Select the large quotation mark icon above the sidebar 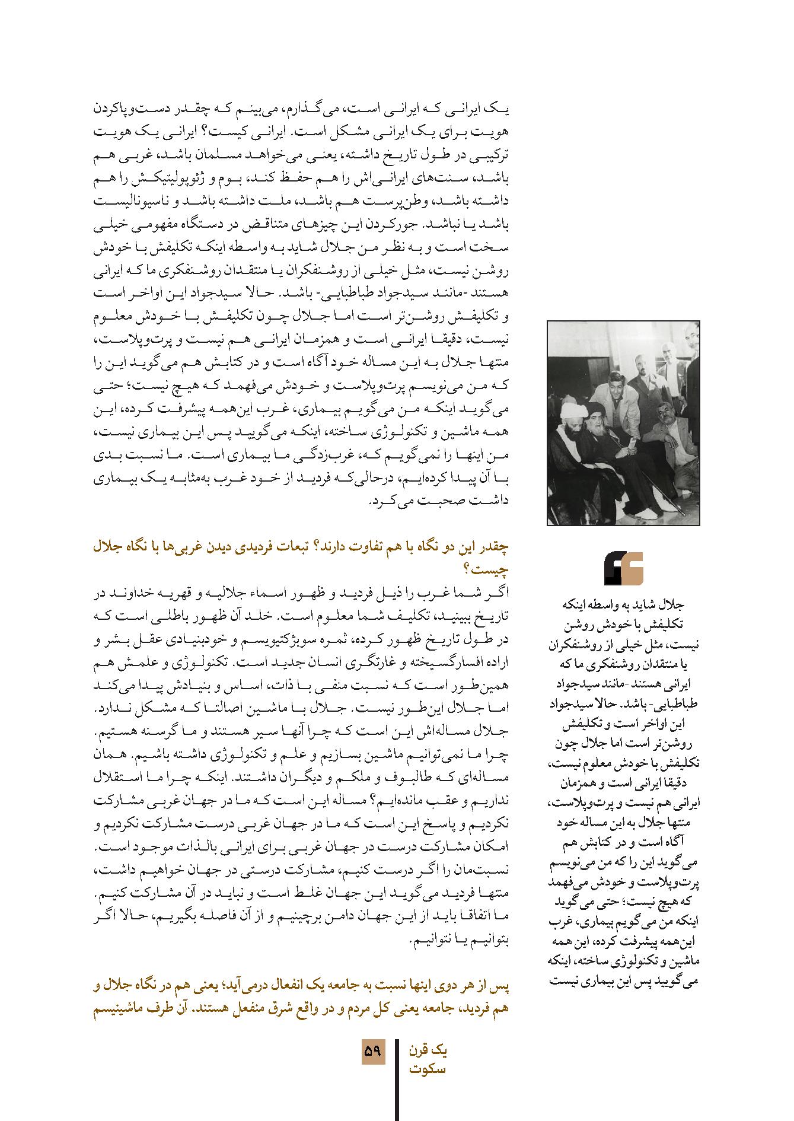tap(623, 568)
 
